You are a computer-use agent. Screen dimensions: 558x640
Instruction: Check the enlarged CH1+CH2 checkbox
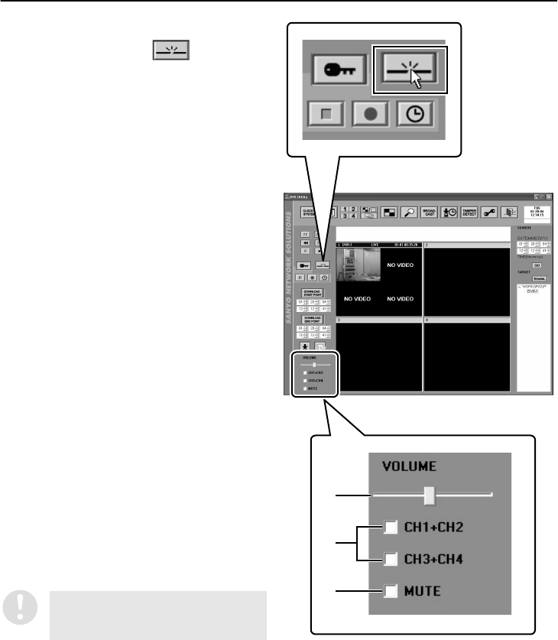tap(391, 527)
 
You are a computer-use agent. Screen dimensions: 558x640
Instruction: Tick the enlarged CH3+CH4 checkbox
tap(391, 559)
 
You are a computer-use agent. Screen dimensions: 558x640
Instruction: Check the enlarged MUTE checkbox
tap(391, 591)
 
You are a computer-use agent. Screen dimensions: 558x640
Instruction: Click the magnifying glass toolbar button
tap(408, 213)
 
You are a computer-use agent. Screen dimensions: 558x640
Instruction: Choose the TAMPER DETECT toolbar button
tap(469, 213)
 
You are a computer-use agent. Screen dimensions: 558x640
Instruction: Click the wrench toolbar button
tap(490, 213)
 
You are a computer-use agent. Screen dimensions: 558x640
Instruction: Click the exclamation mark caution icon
tap(16, 604)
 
